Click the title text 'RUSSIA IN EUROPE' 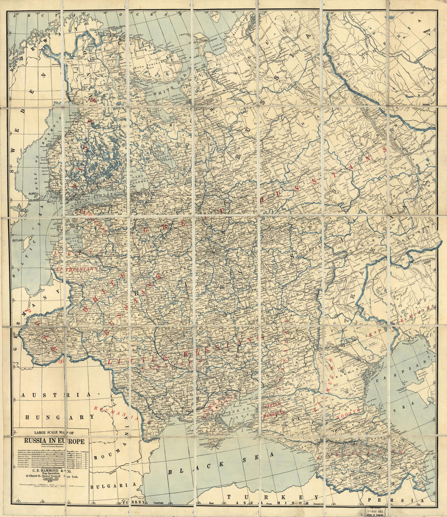click(54, 441)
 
